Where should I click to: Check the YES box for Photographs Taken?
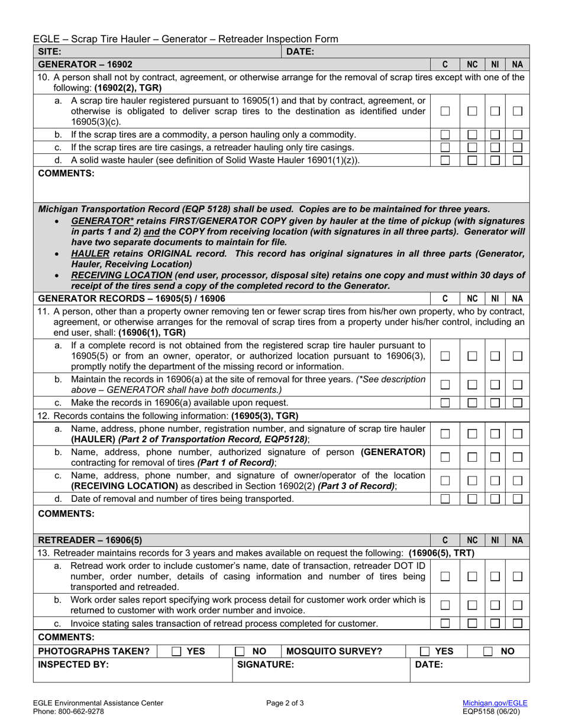[x=176, y=652]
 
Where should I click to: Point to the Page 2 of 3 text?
[x=286, y=703]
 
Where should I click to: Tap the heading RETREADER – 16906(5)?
[x=90, y=540]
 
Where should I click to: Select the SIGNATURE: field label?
[x=266, y=665]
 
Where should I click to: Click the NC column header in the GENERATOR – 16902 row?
[x=471, y=64]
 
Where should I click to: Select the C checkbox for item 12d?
[x=445, y=499]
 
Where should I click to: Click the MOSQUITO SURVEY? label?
[x=334, y=652]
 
